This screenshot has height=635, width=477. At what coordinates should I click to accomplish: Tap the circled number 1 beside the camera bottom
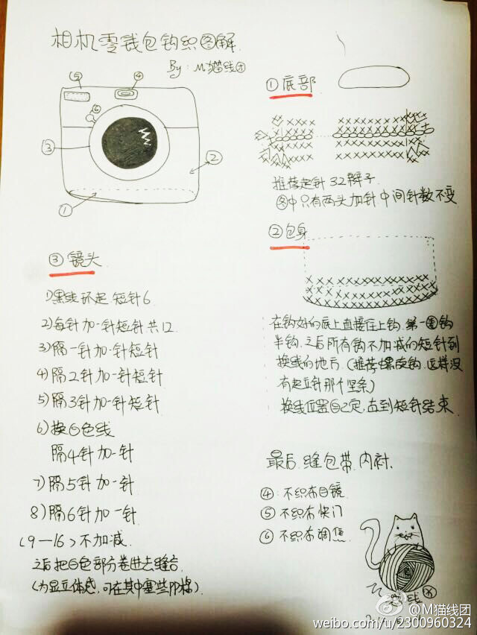tap(65, 210)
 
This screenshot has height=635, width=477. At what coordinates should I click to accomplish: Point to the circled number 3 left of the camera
tap(48, 148)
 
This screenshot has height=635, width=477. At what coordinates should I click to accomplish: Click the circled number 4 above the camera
tap(137, 75)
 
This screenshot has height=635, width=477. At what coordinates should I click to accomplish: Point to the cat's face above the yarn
tap(405, 531)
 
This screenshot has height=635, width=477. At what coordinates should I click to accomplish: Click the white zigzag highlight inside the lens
tap(145, 137)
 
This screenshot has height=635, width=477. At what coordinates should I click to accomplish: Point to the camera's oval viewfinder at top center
tap(127, 93)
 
